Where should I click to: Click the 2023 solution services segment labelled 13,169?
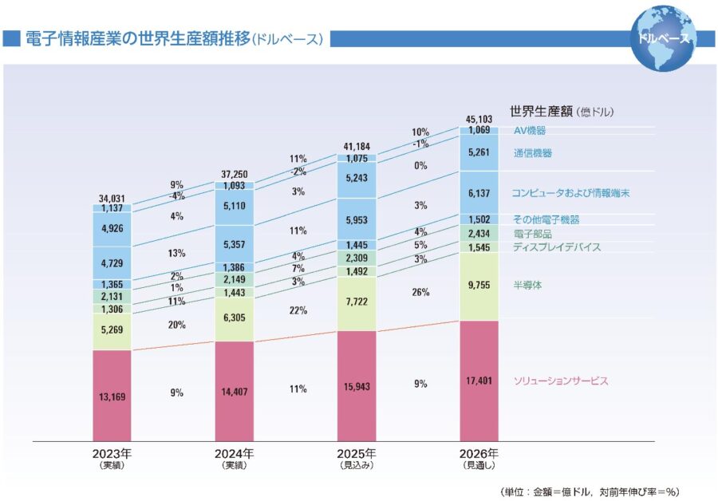112,395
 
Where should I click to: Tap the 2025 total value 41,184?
357,148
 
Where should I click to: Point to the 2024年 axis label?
235,454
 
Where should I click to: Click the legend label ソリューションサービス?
560,381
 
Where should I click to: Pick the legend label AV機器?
530,130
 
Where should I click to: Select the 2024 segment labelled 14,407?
235,391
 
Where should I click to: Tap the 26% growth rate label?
420,293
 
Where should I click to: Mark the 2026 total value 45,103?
479,120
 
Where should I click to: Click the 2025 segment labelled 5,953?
357,220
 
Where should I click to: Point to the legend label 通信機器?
533,152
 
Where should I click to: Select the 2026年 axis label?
479,454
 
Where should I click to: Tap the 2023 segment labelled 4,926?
112,229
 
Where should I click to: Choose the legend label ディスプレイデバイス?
557,247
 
